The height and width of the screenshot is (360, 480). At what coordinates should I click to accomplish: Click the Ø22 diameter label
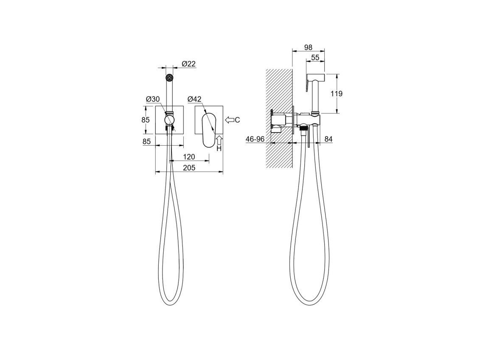click(x=188, y=64)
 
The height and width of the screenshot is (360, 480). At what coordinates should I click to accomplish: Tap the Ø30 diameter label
click(x=153, y=99)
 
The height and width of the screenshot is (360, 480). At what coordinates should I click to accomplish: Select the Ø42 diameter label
click(x=194, y=99)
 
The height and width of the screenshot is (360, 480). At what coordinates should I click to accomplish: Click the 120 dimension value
click(x=189, y=157)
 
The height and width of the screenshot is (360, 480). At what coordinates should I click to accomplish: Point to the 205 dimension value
click(x=189, y=168)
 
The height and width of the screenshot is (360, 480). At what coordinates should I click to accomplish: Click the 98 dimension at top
click(x=308, y=48)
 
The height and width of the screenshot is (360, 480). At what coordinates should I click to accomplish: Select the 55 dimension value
click(x=315, y=58)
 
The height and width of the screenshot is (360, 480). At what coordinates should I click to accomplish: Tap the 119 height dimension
click(x=337, y=94)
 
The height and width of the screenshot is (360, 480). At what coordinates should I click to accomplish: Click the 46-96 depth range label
click(x=255, y=139)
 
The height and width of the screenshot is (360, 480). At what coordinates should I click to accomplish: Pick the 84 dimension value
click(x=328, y=139)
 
